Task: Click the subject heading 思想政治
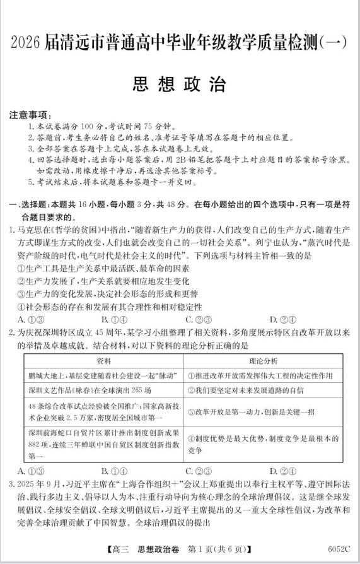coord(179,85)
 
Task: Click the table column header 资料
coord(103,361)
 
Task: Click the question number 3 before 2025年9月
coord(12,485)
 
